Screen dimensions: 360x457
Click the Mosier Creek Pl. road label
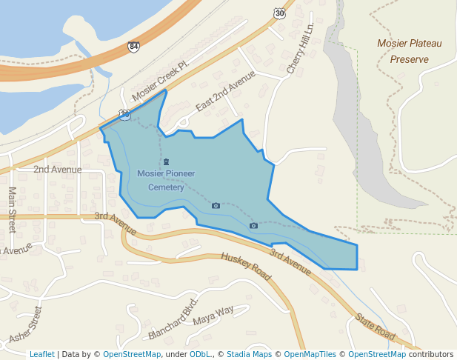click(161, 81)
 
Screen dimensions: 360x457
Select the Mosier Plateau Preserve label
click(409, 51)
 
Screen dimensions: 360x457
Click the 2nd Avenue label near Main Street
click(57, 170)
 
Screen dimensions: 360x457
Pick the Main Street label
click(13, 208)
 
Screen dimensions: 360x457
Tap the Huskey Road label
click(247, 267)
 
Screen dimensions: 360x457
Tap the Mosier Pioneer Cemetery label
click(166, 180)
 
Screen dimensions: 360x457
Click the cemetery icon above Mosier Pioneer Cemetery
click(166, 162)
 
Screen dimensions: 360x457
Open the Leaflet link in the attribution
click(41, 354)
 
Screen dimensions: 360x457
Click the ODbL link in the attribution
click(199, 354)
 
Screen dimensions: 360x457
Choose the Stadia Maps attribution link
click(249, 354)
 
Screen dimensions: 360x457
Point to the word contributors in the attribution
click(430, 354)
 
